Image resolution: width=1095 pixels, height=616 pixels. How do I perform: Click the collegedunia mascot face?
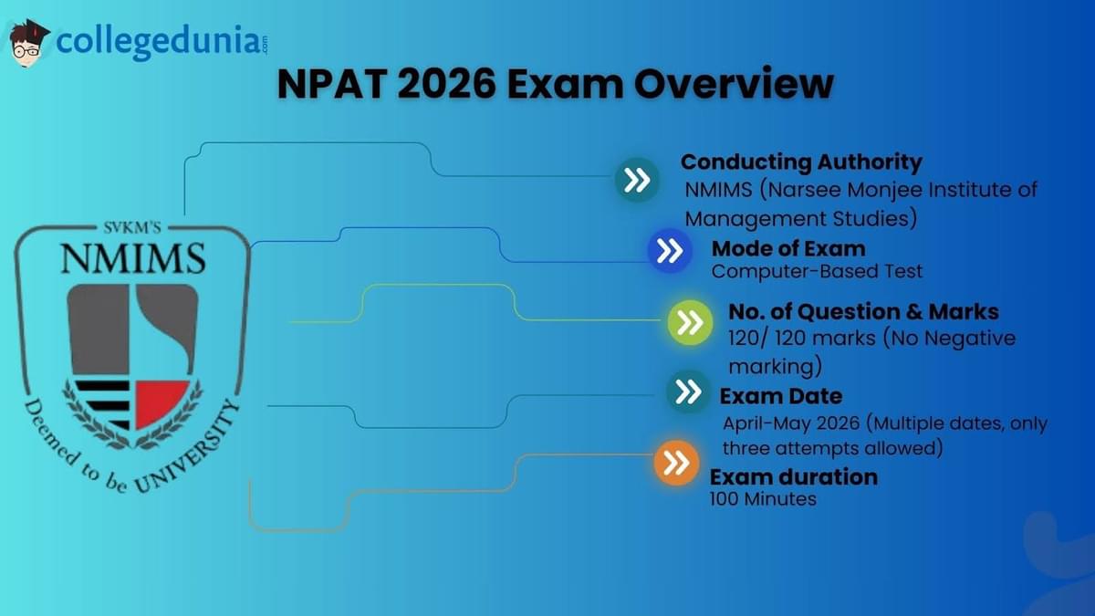click(x=28, y=44)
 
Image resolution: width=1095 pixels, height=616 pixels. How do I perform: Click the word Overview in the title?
click(x=734, y=84)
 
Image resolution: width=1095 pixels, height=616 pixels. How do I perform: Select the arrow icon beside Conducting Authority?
click(x=637, y=180)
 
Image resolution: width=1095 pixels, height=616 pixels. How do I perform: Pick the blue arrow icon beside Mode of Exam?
click(x=670, y=250)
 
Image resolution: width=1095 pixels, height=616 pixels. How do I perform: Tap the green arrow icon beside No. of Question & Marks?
click(x=690, y=323)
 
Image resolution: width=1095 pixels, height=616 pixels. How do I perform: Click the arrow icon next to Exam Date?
click(x=688, y=392)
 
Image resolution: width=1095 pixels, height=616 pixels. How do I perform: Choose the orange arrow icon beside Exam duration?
click(x=676, y=463)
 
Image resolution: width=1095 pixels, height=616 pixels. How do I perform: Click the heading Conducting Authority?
click(x=801, y=162)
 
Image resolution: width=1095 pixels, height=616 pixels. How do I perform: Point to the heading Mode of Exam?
click(x=788, y=249)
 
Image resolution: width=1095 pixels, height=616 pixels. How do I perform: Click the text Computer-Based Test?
click(x=817, y=271)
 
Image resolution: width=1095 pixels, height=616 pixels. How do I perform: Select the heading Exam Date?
click(x=781, y=396)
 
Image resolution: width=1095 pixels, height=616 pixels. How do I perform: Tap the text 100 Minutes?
click(x=763, y=499)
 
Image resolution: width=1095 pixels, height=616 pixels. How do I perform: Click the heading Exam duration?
click(x=794, y=477)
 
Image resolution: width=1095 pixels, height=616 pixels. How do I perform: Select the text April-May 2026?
click(x=791, y=423)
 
